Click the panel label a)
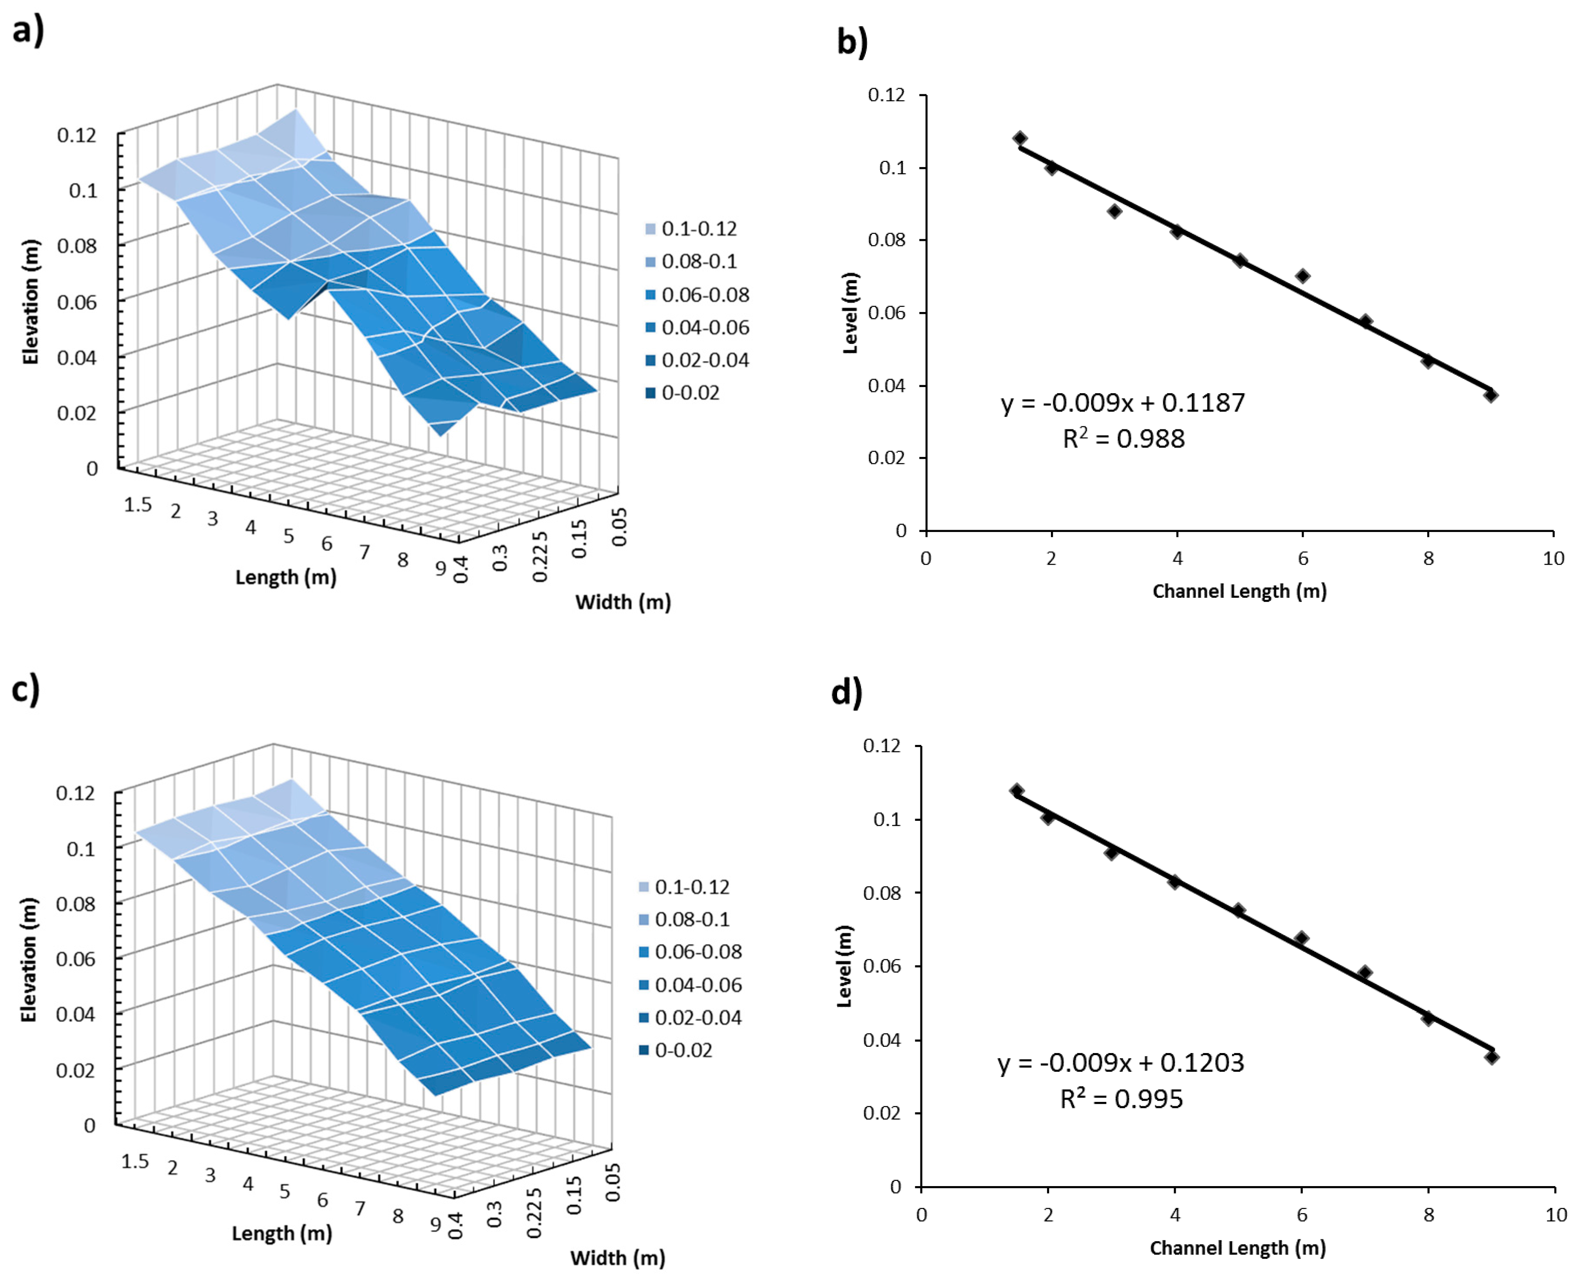(x=28, y=31)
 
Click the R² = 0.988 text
(x=1123, y=439)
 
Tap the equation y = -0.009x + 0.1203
(x=1120, y=1063)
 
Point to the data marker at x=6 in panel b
(x=1303, y=276)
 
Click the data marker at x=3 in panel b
(x=1114, y=211)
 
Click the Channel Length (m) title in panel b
(x=1239, y=591)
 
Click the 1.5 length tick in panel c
(x=134, y=1161)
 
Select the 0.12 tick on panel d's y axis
(x=882, y=746)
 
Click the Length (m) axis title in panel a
(x=285, y=577)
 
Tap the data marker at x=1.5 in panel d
(x=1016, y=791)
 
